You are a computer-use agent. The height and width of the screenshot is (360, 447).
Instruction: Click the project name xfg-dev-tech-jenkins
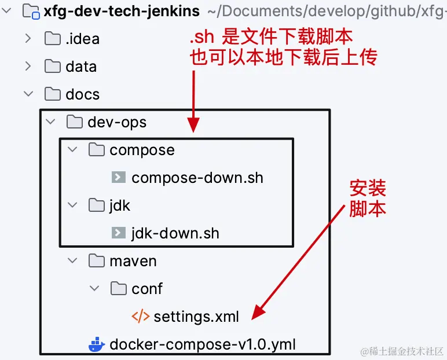click(122, 12)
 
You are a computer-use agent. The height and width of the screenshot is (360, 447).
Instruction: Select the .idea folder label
click(82, 39)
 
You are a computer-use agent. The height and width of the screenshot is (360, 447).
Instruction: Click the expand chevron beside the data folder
click(28, 66)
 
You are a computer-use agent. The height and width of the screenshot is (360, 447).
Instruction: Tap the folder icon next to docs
click(53, 94)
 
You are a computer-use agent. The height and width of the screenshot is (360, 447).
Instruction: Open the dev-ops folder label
click(117, 122)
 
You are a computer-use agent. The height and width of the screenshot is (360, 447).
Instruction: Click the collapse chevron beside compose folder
click(72, 149)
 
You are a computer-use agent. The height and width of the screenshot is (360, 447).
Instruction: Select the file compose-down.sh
click(197, 178)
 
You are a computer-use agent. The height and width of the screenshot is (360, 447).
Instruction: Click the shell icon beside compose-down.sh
click(119, 177)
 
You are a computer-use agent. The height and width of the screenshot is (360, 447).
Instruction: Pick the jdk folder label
click(120, 205)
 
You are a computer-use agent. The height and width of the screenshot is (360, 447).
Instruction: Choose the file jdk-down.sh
click(175, 233)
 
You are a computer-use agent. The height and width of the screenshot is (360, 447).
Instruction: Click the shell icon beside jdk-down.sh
click(119, 233)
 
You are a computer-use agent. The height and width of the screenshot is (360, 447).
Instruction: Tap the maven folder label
click(133, 261)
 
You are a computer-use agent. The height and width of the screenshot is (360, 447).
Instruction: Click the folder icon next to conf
click(119, 288)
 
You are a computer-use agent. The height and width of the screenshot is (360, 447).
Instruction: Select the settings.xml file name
click(196, 317)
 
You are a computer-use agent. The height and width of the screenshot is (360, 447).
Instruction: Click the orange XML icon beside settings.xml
click(141, 317)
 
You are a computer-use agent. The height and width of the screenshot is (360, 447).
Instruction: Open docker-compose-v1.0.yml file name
click(203, 344)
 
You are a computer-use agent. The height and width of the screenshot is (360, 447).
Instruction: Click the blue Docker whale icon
click(97, 344)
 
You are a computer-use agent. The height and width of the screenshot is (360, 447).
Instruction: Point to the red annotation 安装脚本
click(368, 199)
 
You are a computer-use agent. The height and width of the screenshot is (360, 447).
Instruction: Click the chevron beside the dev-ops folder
click(50, 122)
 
